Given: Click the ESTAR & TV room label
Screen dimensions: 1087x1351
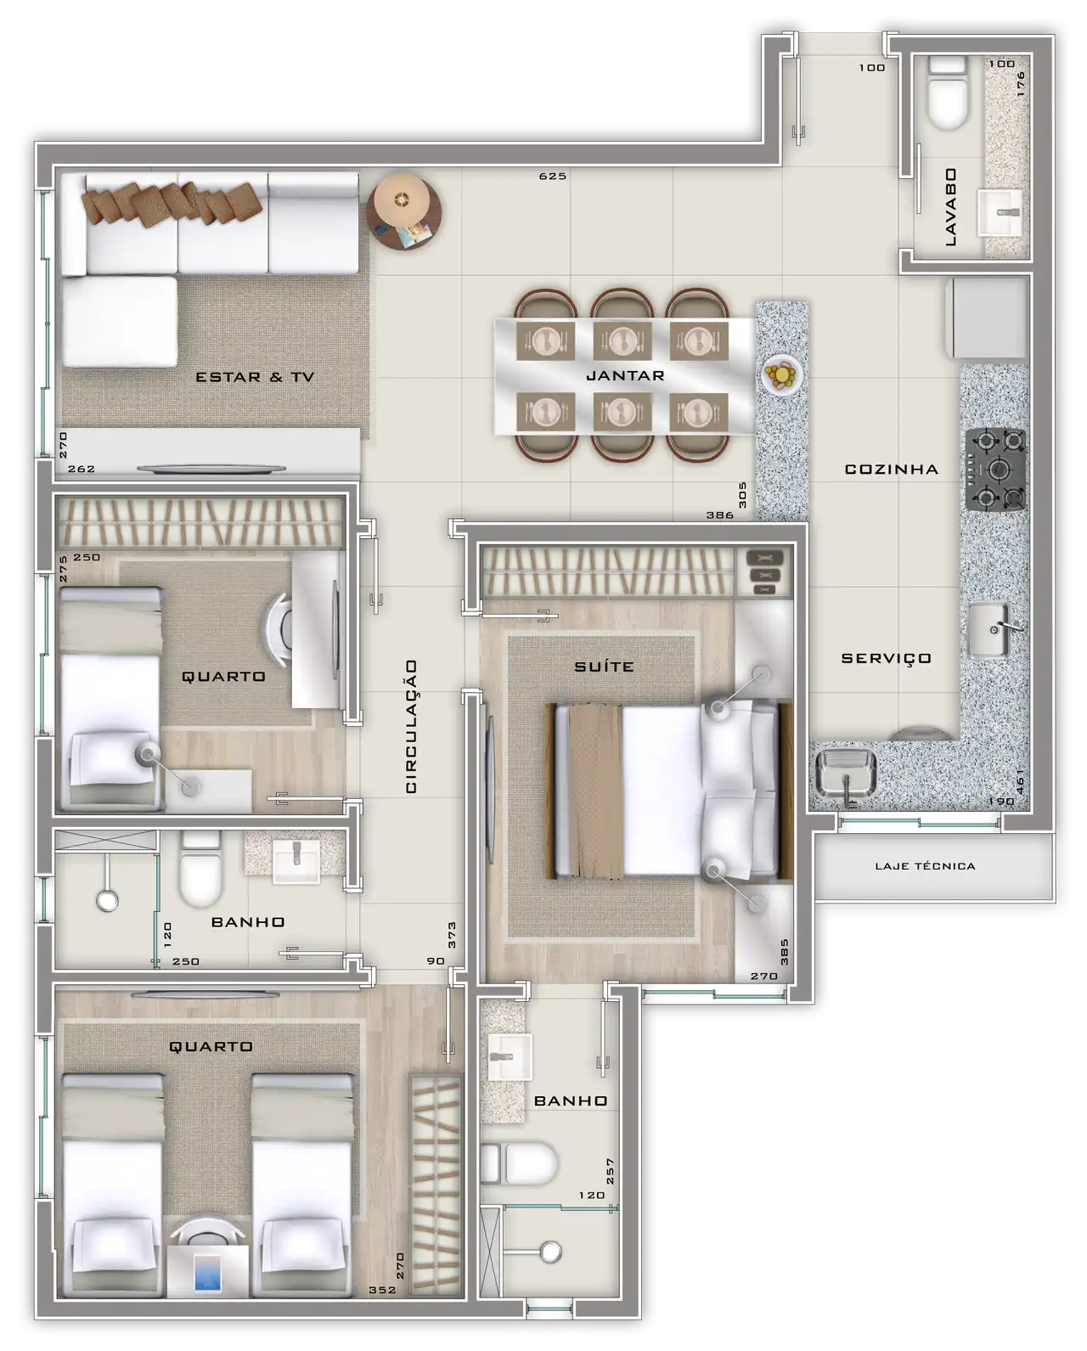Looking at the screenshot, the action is [x=254, y=377].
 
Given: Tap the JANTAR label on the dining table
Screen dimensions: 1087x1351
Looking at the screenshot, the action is [x=625, y=375].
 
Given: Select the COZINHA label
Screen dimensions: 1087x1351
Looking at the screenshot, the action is [x=891, y=469].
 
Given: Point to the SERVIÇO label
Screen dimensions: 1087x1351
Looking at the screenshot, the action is [x=886, y=659].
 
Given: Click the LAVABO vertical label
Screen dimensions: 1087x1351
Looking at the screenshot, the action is [x=951, y=206].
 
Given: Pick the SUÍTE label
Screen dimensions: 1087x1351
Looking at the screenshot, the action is [x=604, y=666].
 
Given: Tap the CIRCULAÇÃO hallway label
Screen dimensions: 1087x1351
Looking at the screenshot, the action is [x=411, y=726].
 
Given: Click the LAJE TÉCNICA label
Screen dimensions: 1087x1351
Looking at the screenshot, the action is [x=925, y=866].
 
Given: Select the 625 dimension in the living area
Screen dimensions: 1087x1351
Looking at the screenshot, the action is [x=553, y=177].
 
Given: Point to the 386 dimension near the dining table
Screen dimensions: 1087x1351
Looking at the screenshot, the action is [x=719, y=515].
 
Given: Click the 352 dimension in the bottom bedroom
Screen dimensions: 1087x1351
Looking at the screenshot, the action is [x=382, y=1290].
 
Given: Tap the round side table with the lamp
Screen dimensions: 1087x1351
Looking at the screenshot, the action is [x=403, y=211].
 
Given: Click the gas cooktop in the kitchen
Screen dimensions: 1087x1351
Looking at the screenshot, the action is [x=995, y=469].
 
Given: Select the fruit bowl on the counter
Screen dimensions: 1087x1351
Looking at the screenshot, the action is [x=781, y=374].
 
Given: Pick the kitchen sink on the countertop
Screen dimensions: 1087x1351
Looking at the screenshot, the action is [x=989, y=630].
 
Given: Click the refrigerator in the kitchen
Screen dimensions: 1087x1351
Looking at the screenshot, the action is [x=986, y=318].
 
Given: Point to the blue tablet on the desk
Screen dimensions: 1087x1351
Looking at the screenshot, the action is [x=207, y=1273].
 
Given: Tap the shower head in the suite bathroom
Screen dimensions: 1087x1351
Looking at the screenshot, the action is [x=550, y=1252].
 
